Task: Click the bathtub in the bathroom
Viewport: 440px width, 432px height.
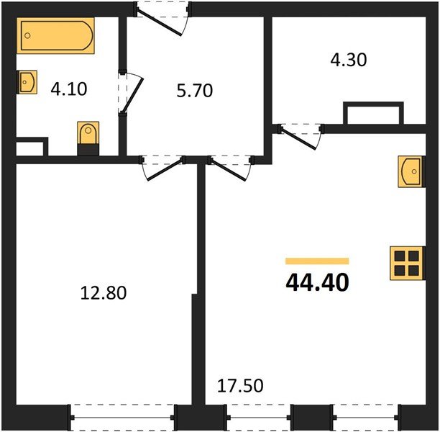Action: click(x=57, y=37)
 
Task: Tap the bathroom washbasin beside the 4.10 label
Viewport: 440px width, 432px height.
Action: click(x=27, y=84)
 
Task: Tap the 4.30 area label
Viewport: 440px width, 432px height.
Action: click(x=348, y=60)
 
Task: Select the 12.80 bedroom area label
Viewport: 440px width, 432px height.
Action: click(x=104, y=293)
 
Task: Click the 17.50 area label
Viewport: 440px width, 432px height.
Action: click(x=240, y=385)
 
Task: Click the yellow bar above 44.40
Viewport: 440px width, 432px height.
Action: click(x=317, y=261)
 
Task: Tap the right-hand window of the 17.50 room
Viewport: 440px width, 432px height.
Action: click(x=365, y=416)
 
